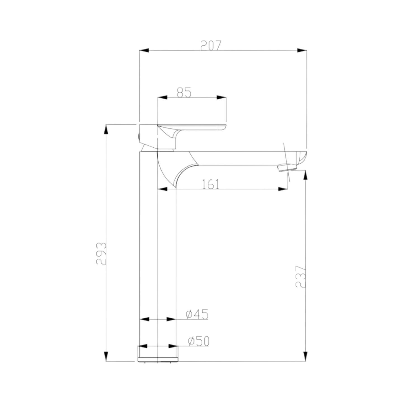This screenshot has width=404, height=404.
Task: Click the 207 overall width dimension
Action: (211, 45)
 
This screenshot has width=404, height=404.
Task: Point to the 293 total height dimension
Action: (101, 253)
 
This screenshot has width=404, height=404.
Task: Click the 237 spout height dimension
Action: (301, 276)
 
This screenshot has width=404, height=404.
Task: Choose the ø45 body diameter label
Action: (197, 315)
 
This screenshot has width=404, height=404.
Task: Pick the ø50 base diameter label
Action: (199, 341)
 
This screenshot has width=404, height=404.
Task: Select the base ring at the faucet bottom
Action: (158, 354)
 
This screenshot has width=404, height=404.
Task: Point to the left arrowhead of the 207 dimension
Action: (144, 51)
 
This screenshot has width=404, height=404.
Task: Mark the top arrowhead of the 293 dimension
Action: (106, 130)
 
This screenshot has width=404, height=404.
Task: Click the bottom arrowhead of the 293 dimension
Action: (106, 356)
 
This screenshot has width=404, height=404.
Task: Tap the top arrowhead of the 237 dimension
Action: (306, 176)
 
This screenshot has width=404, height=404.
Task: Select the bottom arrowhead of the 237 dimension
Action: (306, 356)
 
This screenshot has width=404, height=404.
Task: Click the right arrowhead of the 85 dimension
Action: (221, 98)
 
